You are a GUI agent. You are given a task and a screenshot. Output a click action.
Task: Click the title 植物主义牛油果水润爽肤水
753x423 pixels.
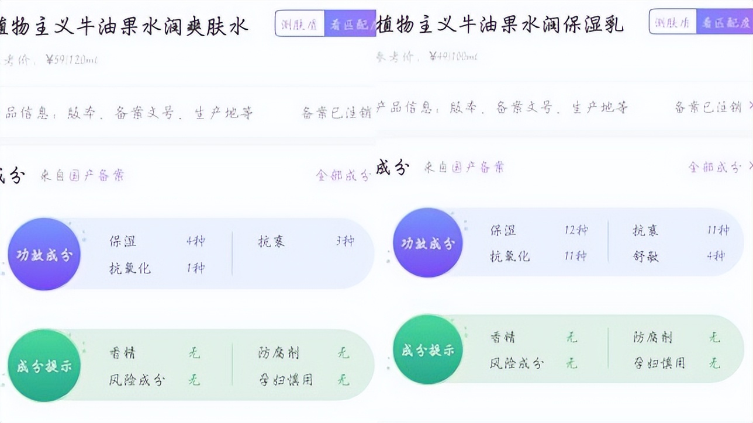[124, 25]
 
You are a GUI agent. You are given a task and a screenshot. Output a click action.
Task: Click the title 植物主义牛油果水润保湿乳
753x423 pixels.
[500, 24]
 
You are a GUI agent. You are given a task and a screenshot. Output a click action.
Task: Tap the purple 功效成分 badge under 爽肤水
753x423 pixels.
[44, 254]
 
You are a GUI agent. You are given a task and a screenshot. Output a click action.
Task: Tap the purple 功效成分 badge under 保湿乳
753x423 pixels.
[428, 242]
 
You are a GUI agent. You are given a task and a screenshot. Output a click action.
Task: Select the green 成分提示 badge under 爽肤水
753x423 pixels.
[44, 366]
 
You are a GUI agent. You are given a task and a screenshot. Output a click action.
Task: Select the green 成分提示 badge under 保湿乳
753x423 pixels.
[428, 349]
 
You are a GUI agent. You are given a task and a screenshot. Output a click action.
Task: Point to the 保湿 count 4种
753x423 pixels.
[195, 241]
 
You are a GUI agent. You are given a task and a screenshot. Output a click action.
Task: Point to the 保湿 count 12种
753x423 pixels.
[575, 230]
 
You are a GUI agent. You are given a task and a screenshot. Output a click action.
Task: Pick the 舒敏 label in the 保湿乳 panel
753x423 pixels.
[645, 256]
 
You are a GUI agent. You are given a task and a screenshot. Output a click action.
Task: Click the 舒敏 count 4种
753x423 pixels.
[719, 256]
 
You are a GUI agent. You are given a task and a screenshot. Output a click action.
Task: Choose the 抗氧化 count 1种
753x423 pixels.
[195, 268]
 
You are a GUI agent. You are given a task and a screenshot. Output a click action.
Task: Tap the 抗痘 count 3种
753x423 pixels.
[345, 241]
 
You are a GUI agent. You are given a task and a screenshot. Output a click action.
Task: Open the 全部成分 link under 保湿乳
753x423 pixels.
[714, 167]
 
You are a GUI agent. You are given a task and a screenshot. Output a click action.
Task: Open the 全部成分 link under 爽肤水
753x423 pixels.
[343, 175]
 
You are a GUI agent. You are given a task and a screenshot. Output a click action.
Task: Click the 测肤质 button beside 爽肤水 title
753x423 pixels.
[299, 25]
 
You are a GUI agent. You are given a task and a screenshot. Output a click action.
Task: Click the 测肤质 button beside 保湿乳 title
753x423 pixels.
[672, 23]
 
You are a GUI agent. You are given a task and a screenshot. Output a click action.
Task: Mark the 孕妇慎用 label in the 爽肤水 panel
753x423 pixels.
[286, 380]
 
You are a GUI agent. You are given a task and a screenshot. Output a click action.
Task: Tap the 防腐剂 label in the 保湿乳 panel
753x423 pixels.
[652, 337]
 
